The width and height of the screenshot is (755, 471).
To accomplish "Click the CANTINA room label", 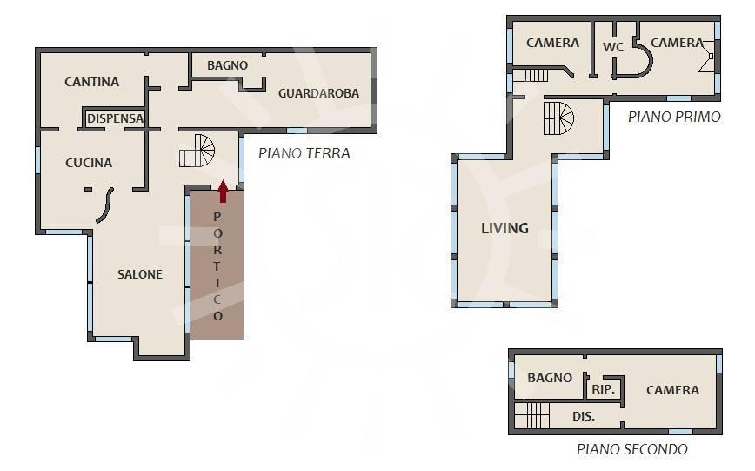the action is (x=92, y=82).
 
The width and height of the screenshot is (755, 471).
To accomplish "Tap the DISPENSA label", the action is (x=115, y=118).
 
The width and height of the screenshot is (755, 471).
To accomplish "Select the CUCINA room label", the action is (x=89, y=163).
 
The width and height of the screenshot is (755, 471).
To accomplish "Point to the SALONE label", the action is (x=140, y=274).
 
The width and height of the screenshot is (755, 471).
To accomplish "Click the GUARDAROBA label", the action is (x=318, y=93).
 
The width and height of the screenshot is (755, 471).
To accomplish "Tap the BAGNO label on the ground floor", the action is (x=227, y=65).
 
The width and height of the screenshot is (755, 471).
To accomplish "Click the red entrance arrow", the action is (x=223, y=192).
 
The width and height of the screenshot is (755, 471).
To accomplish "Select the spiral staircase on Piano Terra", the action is (x=197, y=151).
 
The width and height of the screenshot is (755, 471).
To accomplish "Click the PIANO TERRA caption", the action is (x=304, y=153).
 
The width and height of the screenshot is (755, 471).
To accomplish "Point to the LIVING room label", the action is (x=505, y=228).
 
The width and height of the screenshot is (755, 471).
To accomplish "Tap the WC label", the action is (x=613, y=47).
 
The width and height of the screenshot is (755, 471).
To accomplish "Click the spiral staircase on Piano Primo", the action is (x=559, y=118).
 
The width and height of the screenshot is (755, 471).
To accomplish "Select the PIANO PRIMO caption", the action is (x=674, y=117).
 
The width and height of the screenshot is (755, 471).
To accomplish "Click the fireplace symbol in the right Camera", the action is (x=706, y=57).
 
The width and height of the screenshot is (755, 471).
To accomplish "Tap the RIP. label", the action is (x=604, y=389).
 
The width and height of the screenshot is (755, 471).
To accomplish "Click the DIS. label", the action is (x=584, y=416).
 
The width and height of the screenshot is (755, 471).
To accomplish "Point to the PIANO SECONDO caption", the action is (x=632, y=449).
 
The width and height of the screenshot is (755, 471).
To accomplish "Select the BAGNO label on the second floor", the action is (x=550, y=378).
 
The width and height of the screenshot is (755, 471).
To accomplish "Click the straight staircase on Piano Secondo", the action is (x=532, y=415).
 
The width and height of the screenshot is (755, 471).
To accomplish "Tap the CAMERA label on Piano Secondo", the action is (x=672, y=390).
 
